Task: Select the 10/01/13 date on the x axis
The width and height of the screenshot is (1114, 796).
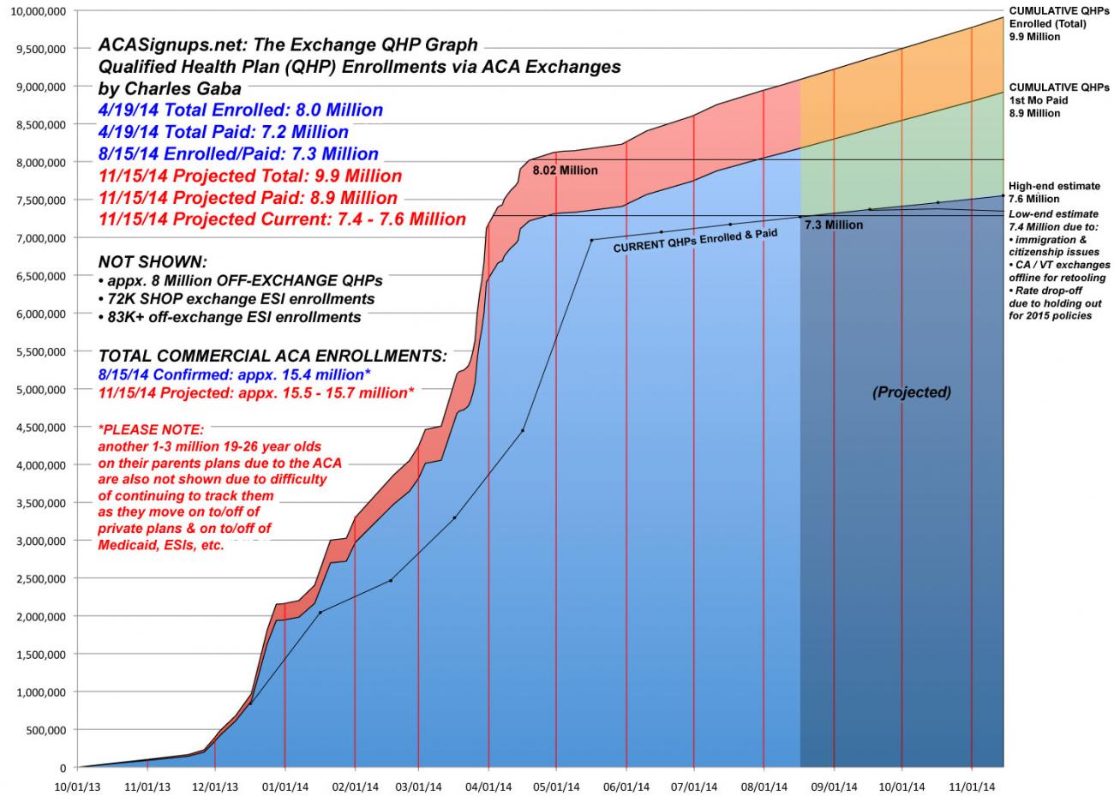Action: coord(77,784)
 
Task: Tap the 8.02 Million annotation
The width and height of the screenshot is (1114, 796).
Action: coord(565,171)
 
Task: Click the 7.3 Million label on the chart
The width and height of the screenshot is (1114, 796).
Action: coord(834,225)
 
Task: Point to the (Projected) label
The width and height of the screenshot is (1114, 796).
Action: coord(912,392)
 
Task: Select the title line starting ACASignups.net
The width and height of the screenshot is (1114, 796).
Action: coord(288,45)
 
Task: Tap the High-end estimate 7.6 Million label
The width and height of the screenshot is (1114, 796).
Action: coord(1054,193)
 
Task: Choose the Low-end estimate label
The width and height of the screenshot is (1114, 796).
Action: coord(1053,214)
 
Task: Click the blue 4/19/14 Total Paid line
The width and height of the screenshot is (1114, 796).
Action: coord(223,132)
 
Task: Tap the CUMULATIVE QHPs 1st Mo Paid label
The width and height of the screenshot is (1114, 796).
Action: coord(1059,100)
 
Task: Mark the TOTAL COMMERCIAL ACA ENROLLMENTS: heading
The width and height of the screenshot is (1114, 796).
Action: coord(273,356)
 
